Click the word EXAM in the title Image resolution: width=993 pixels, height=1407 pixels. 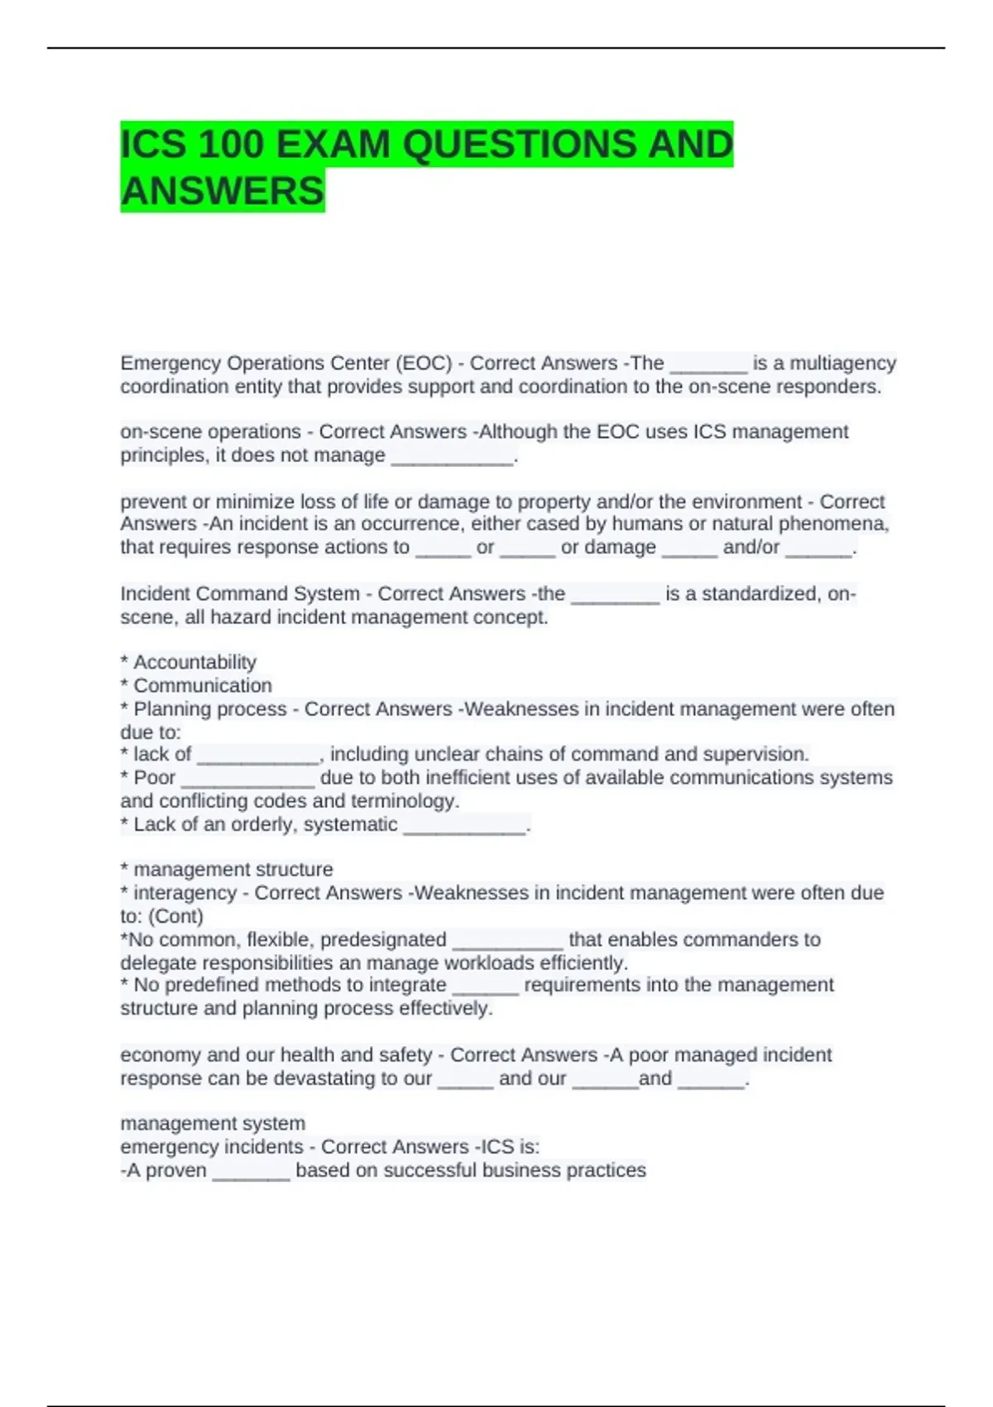pos(333,145)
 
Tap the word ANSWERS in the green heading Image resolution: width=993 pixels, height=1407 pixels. pos(223,191)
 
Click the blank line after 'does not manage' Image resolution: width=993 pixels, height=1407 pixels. pos(452,457)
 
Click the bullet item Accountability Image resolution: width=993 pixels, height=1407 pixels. pos(194,662)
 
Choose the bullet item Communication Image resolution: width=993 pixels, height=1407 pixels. pos(203,685)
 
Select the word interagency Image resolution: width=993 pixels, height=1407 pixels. pos(185,893)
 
